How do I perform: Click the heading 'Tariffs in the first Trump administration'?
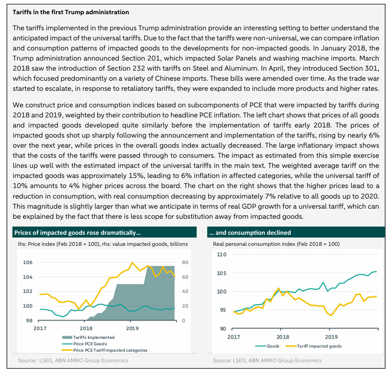coord(71,12)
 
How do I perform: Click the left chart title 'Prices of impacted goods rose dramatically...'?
coord(77,233)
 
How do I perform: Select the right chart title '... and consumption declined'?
coord(250,233)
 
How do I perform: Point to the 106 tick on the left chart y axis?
coord(28,262)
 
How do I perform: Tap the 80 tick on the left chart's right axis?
coord(185,262)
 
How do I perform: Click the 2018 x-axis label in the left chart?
coord(86,328)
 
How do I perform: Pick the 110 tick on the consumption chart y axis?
coord(221,255)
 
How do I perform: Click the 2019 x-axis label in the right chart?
coord(331,337)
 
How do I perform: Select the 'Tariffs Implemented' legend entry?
coord(88,337)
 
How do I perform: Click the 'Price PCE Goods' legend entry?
coord(84,343)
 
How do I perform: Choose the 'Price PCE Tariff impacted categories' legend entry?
coord(105,350)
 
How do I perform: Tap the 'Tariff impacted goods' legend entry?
coord(314,346)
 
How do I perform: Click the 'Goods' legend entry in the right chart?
coord(267,346)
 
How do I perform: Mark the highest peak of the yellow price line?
coord(132,263)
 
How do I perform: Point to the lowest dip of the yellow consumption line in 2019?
coord(331,316)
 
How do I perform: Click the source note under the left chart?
coord(73,360)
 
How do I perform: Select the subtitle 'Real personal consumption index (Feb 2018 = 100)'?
coord(276,244)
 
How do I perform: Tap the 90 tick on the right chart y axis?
coord(223,329)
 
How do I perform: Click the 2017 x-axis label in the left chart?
coord(40,328)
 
